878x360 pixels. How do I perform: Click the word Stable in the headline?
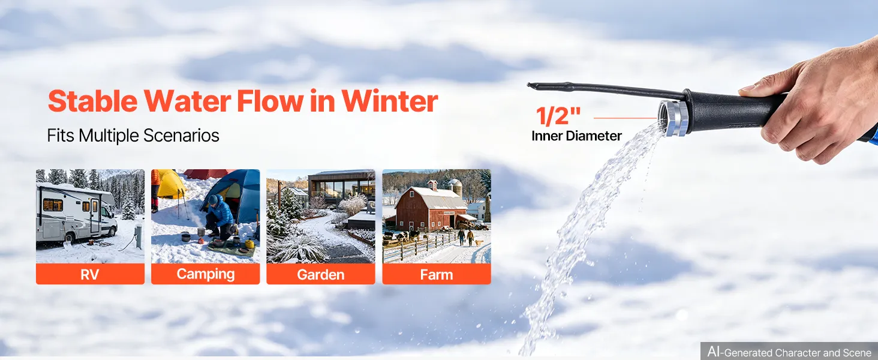[92, 101]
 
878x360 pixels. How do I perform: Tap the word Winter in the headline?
[390, 101]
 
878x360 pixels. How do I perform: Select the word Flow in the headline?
[270, 101]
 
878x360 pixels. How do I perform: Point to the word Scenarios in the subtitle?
[181, 136]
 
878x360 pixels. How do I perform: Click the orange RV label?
[90, 274]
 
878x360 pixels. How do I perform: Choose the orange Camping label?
[205, 274]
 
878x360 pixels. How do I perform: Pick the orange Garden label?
[321, 274]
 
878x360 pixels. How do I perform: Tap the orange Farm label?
[436, 274]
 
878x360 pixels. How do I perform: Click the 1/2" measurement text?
[558, 116]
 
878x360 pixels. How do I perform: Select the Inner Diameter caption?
[576, 136]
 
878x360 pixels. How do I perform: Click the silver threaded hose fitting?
[673, 118]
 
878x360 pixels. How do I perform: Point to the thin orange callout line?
[625, 118]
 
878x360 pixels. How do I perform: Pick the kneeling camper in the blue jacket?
[220, 217]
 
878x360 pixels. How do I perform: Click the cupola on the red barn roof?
[432, 185]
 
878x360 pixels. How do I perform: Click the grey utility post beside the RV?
[138, 236]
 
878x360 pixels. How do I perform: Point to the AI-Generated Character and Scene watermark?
[789, 352]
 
